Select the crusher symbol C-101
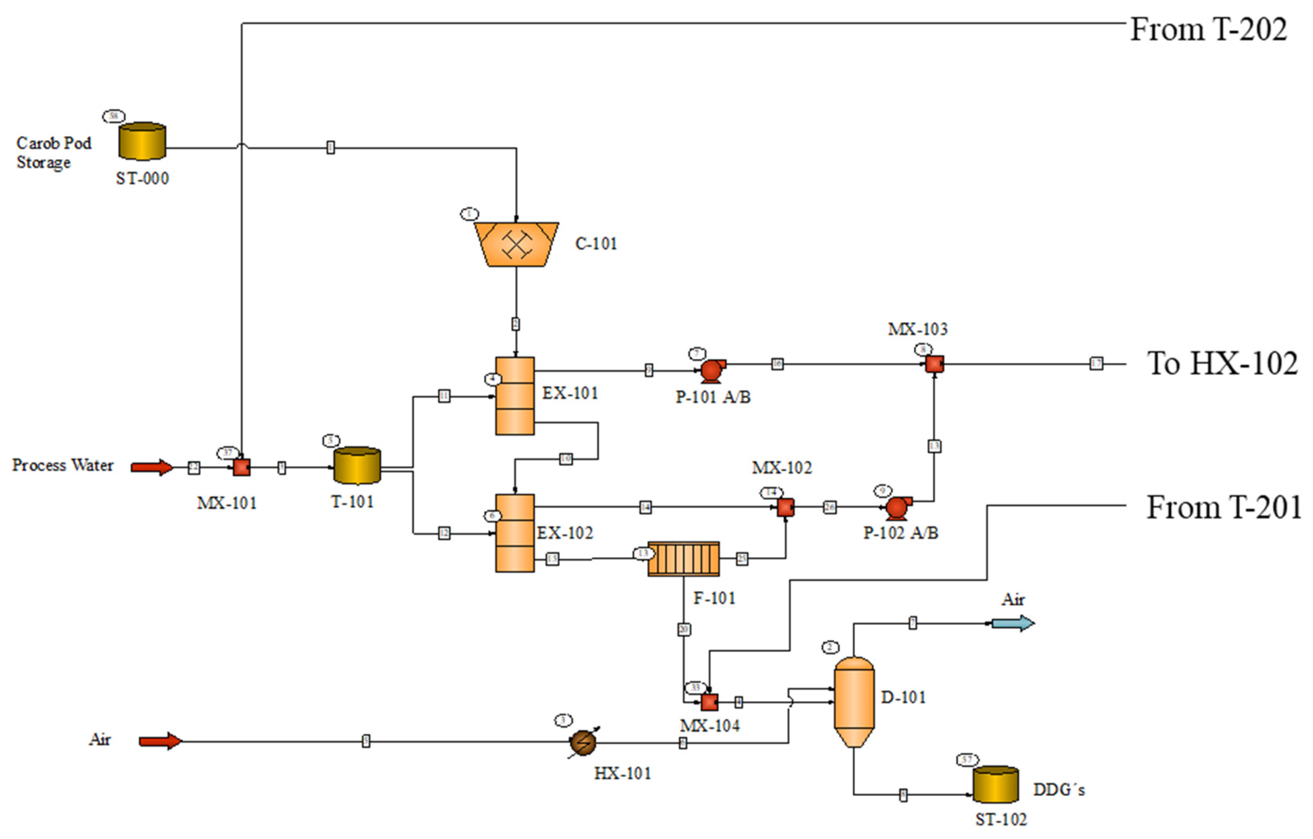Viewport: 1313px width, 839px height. point(516,244)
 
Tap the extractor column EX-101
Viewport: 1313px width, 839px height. point(514,396)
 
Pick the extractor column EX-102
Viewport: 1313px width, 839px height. point(514,533)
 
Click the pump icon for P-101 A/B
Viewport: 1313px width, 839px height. point(711,371)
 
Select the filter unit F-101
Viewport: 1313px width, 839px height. point(683,559)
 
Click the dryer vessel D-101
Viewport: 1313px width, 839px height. point(853,701)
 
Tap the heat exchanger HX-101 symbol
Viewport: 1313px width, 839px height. point(583,742)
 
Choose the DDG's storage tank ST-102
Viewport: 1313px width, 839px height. point(995,784)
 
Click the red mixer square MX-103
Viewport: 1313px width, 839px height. point(934,364)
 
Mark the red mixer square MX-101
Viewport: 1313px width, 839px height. point(242,467)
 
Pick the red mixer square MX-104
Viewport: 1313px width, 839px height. point(709,702)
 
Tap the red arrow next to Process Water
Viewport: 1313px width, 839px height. point(152,467)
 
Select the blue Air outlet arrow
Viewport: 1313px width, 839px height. point(1013,623)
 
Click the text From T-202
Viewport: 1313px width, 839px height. point(1208,29)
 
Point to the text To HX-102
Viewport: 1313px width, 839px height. point(1222,363)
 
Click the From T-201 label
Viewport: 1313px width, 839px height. point(1223,507)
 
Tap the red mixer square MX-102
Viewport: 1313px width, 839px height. point(785,508)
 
